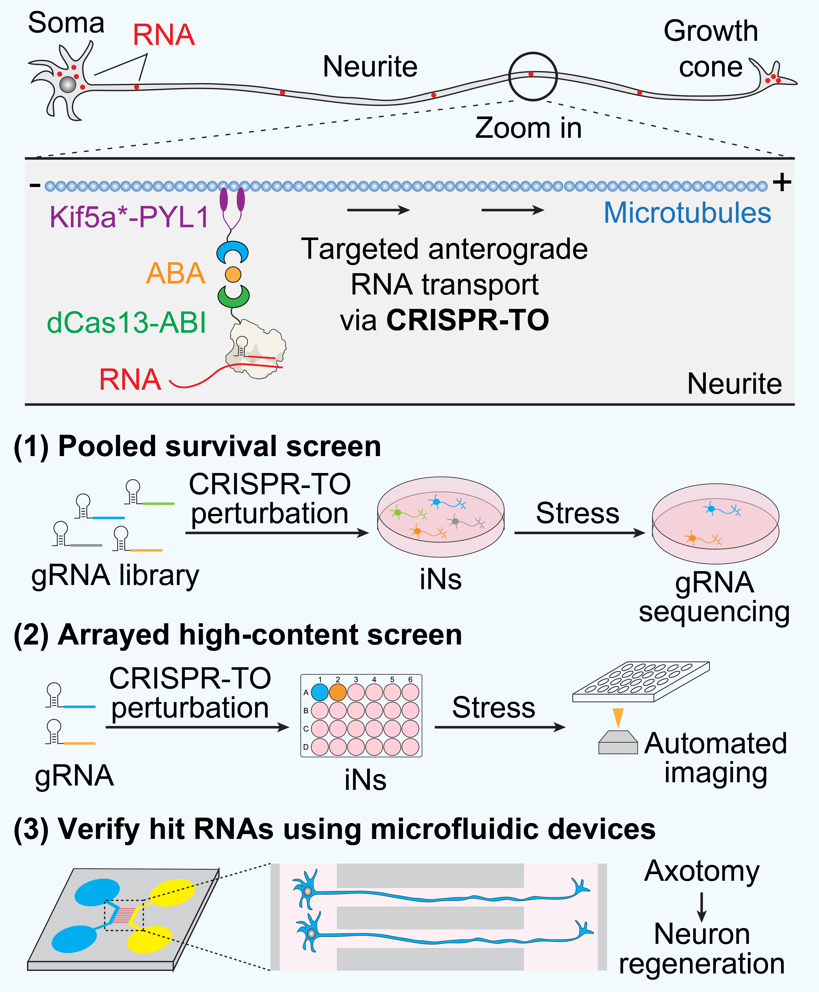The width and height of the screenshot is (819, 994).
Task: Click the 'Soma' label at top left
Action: pyautogui.click(x=66, y=23)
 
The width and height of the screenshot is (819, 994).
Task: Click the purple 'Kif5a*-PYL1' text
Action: pyautogui.click(x=129, y=217)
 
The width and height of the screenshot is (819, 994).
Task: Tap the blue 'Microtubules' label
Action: pyautogui.click(x=687, y=213)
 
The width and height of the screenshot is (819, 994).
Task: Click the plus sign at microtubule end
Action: pyautogui.click(x=782, y=182)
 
